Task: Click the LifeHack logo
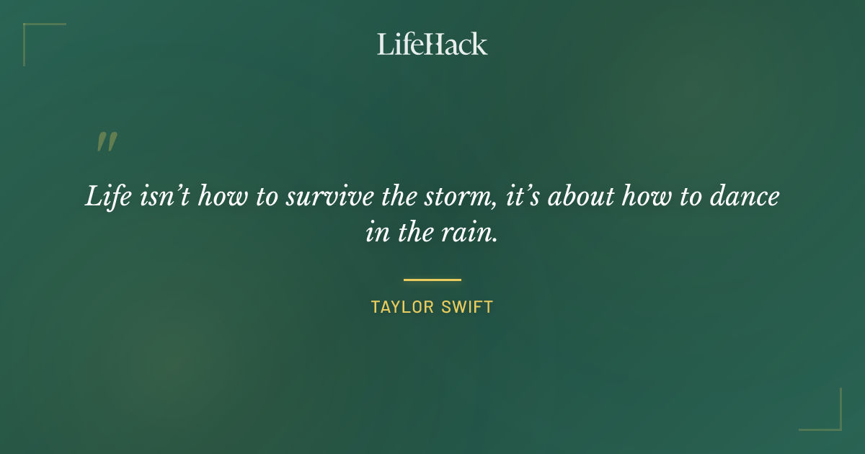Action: [432, 44]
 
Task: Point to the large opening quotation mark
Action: [106, 142]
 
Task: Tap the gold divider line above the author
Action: [432, 280]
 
